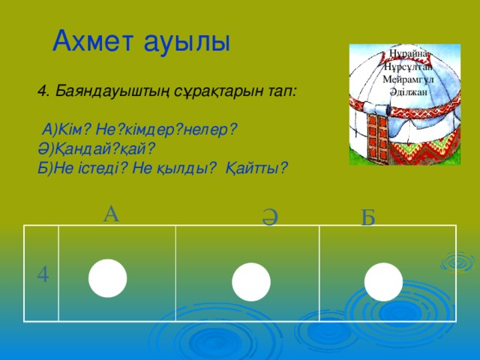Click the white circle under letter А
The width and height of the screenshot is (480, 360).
point(106,277)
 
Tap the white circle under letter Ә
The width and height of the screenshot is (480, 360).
point(250,283)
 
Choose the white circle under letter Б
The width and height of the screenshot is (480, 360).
point(383,282)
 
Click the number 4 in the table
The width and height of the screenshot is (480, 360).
point(43,275)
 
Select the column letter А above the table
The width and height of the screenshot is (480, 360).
point(110,214)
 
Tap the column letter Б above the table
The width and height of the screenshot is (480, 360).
point(367,218)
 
